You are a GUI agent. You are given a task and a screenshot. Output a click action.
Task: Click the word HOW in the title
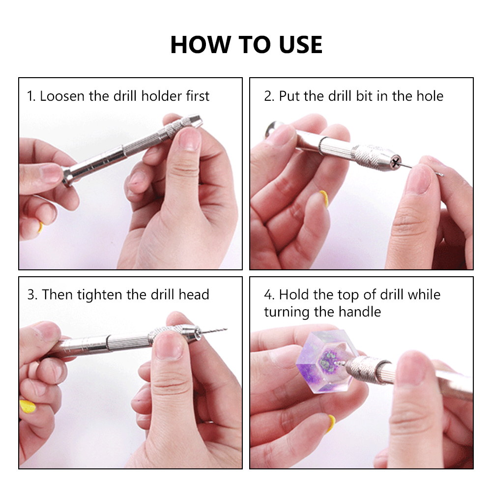201,45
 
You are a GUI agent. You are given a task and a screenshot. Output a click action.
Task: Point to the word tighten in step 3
99,294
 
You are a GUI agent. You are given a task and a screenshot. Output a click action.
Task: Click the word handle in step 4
360,312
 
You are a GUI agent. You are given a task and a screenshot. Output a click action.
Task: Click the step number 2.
269,96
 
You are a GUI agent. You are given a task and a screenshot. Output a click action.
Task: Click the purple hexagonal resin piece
327,361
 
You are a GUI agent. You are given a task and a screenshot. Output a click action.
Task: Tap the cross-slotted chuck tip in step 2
396,162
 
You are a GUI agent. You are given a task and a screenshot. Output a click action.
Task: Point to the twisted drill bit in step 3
214,331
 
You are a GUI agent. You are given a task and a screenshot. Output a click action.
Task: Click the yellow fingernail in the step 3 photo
28,406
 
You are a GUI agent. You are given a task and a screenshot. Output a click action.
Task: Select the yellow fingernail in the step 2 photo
324,198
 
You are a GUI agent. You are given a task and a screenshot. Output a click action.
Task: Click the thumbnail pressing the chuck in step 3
169,347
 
